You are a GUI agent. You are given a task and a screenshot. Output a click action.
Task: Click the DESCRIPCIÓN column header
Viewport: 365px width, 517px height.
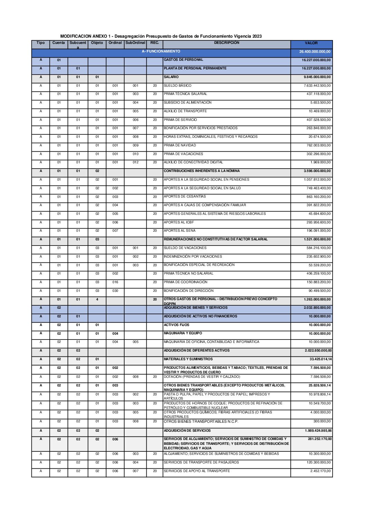(x=226, y=43)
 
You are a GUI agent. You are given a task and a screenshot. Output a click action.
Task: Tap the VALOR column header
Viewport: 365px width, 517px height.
(x=311, y=43)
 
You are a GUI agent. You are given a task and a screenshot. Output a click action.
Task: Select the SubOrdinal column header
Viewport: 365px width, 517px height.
(x=135, y=43)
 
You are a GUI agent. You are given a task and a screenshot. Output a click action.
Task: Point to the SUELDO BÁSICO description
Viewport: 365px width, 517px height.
(x=177, y=86)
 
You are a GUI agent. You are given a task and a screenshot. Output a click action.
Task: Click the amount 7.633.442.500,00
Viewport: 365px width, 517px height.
(x=317, y=86)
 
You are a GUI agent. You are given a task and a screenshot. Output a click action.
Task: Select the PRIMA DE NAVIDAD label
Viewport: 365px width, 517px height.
(x=180, y=145)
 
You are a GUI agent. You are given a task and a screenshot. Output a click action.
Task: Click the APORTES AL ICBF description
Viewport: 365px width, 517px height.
(x=179, y=222)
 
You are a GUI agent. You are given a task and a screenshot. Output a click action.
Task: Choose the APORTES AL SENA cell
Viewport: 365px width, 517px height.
(x=179, y=231)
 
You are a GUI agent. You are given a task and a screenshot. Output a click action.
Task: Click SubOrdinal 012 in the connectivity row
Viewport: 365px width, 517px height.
(x=136, y=162)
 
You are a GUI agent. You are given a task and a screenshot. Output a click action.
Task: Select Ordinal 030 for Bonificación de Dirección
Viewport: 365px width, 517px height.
(x=115, y=291)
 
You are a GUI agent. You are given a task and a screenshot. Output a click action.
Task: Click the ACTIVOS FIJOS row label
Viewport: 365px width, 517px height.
(x=176, y=325)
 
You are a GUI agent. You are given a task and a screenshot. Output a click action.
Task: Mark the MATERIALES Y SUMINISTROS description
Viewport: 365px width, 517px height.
(x=188, y=359)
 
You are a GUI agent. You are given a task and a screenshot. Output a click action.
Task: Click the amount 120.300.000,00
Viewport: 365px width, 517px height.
(x=319, y=462)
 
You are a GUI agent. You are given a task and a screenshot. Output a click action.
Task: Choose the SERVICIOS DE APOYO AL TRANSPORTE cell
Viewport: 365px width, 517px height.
(x=197, y=471)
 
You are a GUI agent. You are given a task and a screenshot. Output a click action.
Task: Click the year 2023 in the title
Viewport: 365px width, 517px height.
(x=257, y=36)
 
